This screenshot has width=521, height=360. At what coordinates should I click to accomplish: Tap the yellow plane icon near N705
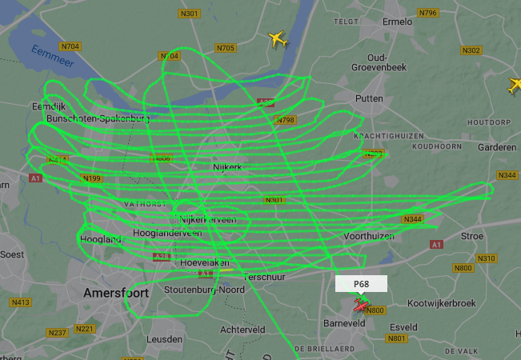coord(278,38)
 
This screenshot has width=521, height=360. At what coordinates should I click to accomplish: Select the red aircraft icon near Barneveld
coord(362,306)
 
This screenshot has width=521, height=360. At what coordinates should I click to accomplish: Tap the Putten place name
coord(369,98)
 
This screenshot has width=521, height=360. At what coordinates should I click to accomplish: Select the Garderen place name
coord(496,148)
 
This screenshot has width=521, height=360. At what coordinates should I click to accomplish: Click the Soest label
coord(11,254)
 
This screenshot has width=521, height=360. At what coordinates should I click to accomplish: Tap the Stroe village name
coord(472,237)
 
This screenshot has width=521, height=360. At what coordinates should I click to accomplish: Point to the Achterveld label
coord(242,329)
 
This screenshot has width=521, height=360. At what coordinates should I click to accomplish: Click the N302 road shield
coord(471,50)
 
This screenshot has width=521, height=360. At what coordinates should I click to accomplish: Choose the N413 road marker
coord(21,302)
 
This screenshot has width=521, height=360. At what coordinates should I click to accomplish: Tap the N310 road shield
coord(486,258)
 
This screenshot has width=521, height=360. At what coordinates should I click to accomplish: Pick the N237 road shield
coord(57,332)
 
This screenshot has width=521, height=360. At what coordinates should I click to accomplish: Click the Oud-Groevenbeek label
coord(388,62)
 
